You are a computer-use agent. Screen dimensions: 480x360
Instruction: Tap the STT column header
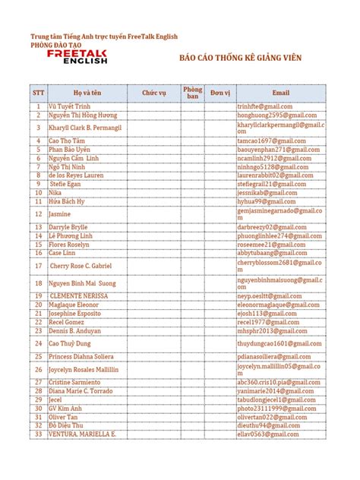(x=38, y=93)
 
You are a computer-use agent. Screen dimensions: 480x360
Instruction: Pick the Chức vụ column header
(x=153, y=93)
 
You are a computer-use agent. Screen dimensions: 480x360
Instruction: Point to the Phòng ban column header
(x=193, y=93)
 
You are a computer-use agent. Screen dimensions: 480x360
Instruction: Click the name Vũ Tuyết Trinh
(x=69, y=107)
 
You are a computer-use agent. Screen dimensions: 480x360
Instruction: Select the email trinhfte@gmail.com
(x=264, y=107)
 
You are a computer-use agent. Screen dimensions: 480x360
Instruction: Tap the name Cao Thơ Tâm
(x=68, y=141)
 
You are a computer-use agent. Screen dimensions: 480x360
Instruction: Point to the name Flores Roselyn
(x=69, y=245)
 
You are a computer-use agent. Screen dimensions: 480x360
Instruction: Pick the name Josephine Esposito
(x=74, y=313)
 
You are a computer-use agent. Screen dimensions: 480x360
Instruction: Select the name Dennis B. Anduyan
(x=74, y=330)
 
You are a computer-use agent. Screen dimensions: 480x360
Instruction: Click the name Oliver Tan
(x=63, y=417)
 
